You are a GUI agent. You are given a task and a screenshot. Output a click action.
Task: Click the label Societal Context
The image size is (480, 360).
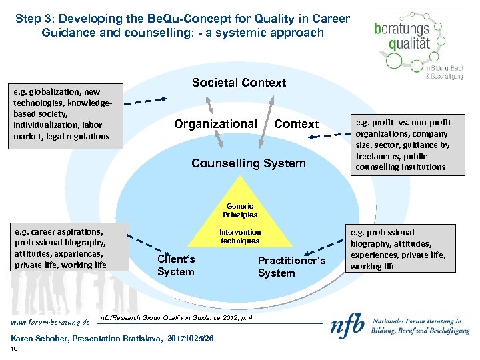[239, 83]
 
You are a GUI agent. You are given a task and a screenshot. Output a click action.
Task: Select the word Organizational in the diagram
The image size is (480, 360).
[215, 124]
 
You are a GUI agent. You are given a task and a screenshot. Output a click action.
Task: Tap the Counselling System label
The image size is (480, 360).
[248, 163]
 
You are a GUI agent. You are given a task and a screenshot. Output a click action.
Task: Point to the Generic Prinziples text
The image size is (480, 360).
[240, 211]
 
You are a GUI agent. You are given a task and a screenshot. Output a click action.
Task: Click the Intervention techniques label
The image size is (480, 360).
[240, 237]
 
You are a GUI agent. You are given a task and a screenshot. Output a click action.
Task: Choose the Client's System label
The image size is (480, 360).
[176, 265]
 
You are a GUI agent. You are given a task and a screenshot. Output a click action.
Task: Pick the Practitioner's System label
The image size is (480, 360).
[291, 267]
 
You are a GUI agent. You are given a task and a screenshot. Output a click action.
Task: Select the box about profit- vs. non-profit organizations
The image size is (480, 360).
[407, 145]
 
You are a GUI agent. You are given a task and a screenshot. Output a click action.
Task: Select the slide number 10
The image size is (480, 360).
[14, 349]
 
